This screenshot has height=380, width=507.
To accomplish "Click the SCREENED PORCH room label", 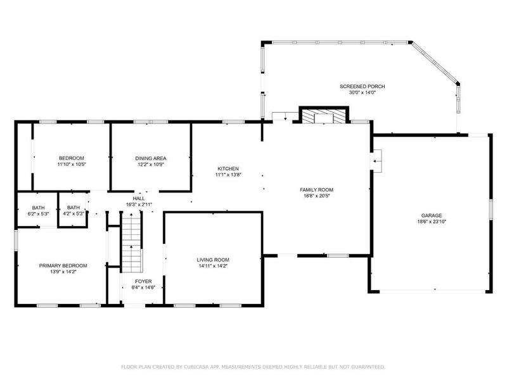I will (x=362, y=86).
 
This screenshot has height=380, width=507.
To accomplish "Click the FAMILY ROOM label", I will (x=316, y=189).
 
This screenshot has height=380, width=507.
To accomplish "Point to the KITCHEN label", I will (x=228, y=168).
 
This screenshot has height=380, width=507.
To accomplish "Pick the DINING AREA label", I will (x=150, y=158).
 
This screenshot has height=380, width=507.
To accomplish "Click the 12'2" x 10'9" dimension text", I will (x=150, y=165).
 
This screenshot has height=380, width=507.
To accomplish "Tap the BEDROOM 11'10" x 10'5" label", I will (x=71, y=158).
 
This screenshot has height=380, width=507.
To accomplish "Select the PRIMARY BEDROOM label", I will (x=63, y=265).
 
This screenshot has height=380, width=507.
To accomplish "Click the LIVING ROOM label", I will (x=212, y=260).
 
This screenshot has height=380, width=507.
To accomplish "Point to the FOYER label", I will (x=143, y=281).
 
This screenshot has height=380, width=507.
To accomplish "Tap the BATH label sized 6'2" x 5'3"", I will (x=38, y=207).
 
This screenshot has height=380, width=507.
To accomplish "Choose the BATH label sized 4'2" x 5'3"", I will (x=74, y=207).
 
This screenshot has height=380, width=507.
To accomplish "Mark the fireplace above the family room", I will (x=324, y=116).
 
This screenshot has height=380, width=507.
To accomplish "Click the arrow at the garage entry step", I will (x=376, y=161).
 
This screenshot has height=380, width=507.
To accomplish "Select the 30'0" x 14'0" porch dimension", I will (x=362, y=93).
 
